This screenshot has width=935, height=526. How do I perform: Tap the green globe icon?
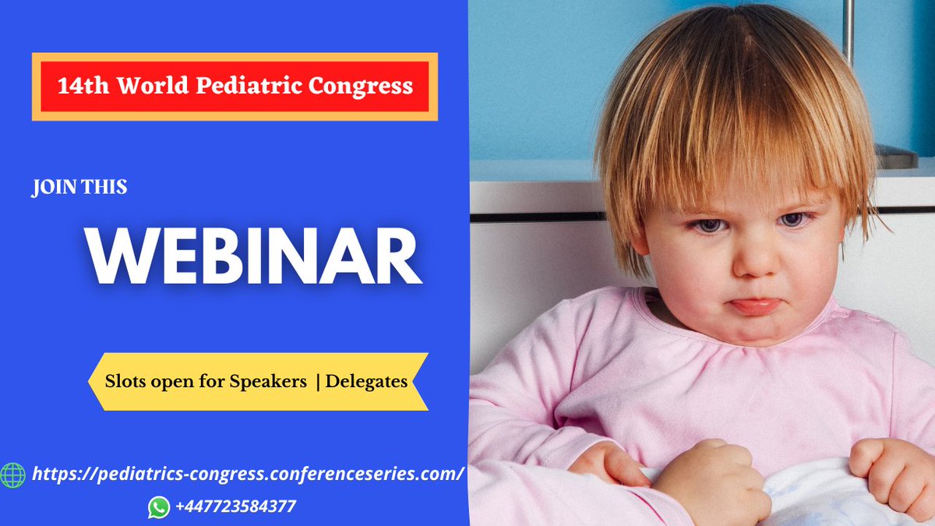point(12,475)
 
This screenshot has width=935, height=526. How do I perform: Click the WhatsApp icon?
point(159,507)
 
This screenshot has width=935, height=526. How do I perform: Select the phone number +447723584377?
point(235,507)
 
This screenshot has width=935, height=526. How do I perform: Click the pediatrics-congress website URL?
point(246,474)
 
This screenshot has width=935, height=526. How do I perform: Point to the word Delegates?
point(366,382)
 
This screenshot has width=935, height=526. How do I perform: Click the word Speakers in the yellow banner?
point(267,382)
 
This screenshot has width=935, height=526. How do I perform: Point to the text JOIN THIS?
point(79,188)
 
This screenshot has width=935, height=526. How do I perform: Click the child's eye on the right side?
point(792,221)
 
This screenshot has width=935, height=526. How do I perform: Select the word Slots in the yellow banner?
point(125,382)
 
